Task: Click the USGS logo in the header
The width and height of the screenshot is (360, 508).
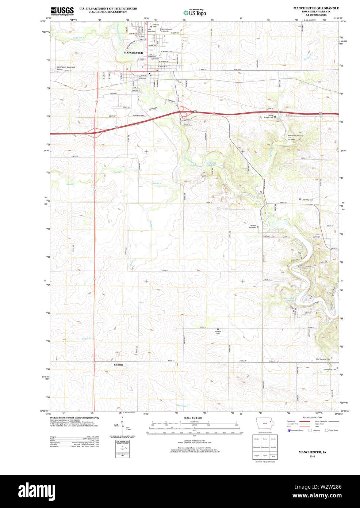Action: pos(62,11)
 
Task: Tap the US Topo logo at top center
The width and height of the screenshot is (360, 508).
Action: pos(195,12)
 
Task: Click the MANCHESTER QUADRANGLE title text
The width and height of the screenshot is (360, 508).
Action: pos(316,8)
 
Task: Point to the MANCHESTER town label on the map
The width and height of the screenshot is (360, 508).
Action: pos(133,53)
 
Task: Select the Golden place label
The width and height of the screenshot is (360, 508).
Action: pos(118,365)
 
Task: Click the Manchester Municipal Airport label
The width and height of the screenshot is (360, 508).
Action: pos(66,68)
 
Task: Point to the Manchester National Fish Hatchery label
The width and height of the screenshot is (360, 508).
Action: pos(295,137)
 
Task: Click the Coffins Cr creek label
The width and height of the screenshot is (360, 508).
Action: pos(78,38)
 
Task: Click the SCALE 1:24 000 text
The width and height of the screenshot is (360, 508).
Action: pos(193,418)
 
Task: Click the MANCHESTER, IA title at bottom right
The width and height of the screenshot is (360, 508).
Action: pos(312,452)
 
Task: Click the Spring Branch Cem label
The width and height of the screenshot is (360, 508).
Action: pos(268,117)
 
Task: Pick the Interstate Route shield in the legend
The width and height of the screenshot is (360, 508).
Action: pos(289,430)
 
